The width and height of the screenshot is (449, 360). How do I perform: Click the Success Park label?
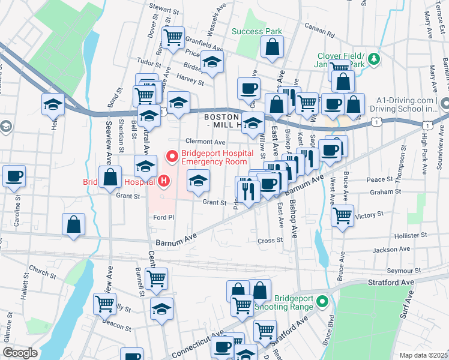point(256,31)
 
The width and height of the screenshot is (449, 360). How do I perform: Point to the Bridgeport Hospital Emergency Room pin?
point(173,157)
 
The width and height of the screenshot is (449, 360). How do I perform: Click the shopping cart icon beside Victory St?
point(342,215)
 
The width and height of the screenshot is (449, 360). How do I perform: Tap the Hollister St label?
point(410,236)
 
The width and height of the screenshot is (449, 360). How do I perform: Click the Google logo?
point(20,353)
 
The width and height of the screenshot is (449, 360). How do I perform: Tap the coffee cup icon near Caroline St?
point(14,176)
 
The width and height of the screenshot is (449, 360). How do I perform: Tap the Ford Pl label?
point(163,217)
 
